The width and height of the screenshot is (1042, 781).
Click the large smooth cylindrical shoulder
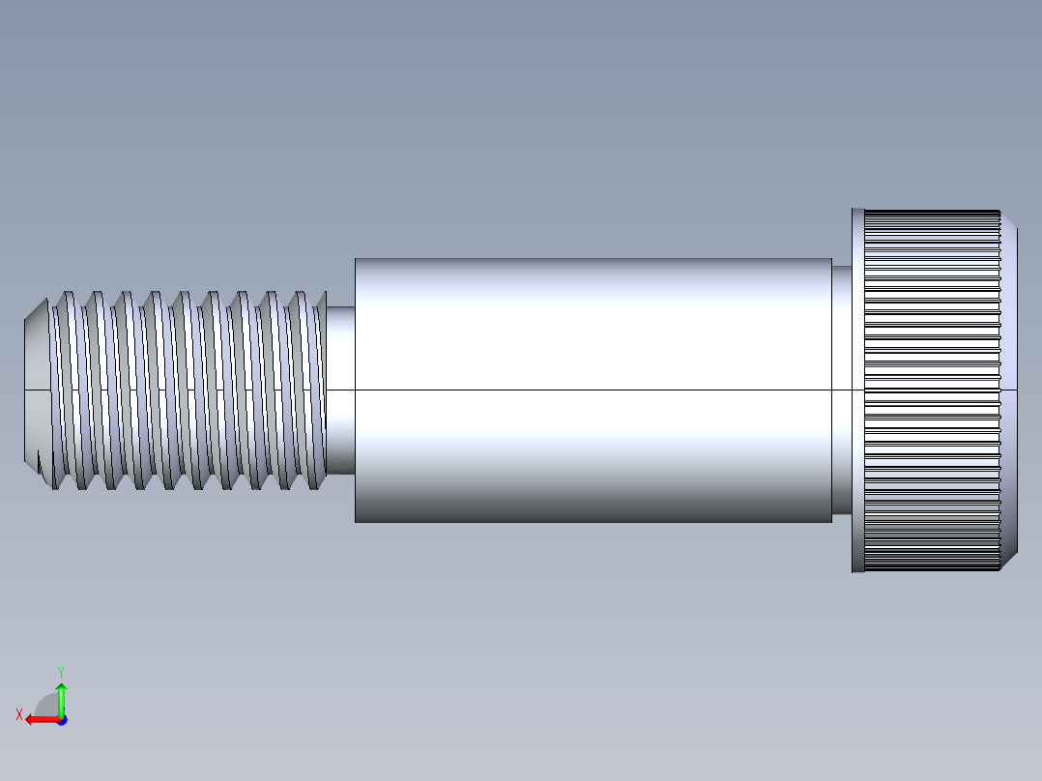(593, 329)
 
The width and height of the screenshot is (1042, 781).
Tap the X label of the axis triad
(19, 714)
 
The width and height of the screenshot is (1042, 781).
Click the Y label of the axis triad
(60, 671)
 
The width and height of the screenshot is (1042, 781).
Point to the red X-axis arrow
(39, 719)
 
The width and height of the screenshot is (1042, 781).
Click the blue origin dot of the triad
(61, 719)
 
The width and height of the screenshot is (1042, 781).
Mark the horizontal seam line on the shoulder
(593, 390)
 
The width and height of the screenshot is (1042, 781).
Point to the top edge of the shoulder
(593, 259)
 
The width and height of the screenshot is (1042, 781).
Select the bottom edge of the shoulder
(593, 522)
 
